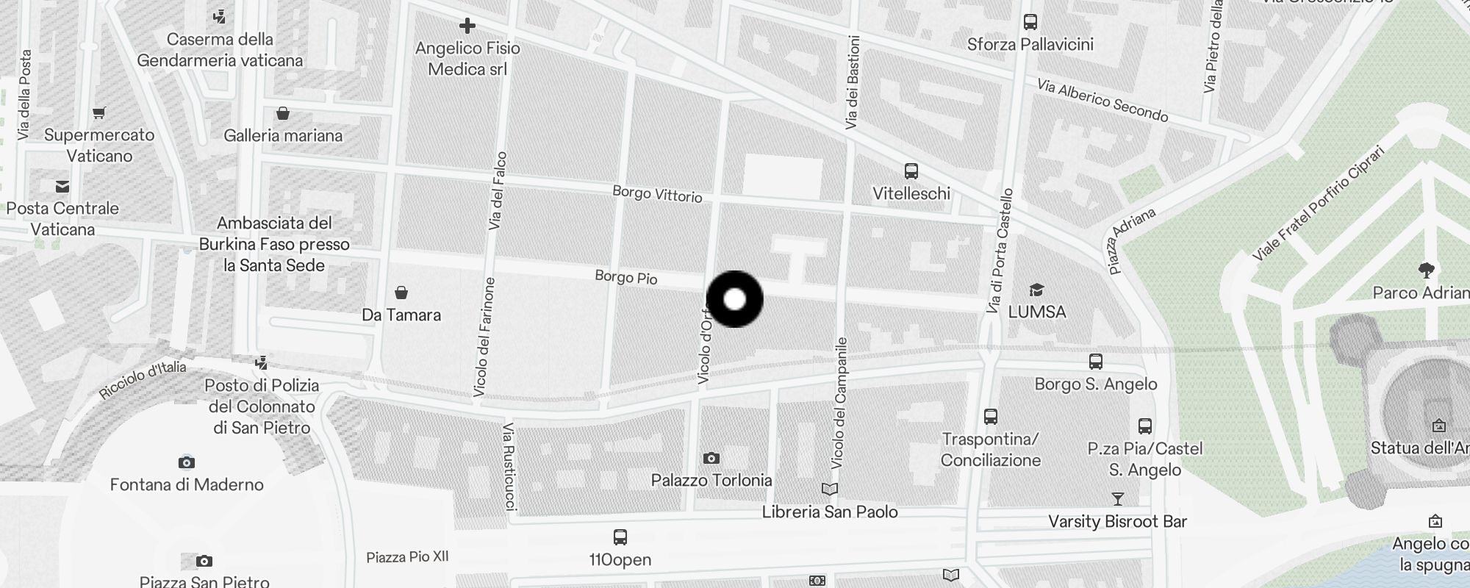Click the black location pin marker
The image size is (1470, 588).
coord(734,299)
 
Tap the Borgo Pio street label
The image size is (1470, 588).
coord(626,277)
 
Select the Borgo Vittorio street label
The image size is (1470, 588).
coord(657,194)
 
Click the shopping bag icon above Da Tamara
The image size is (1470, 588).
coord(401,293)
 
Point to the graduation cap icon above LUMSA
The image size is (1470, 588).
coord(1036,290)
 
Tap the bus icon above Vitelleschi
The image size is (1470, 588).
coord(911,171)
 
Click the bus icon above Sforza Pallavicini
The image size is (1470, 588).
coord(1030,22)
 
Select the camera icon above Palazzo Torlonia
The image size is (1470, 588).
coord(711,458)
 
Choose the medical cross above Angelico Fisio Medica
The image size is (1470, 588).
coord(467,26)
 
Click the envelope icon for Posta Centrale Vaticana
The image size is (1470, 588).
coord(62,187)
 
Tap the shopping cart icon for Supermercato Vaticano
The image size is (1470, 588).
coord(99,113)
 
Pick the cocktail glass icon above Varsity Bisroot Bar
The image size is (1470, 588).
coord(1117,500)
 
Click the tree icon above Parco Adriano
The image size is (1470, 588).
coord(1427,270)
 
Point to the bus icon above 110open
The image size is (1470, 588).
coord(620,537)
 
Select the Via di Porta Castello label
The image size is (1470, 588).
coord(1000,251)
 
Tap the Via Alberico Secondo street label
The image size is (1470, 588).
coord(1102,101)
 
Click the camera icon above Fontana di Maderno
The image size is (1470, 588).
coord(187,462)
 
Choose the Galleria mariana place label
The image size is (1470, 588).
coord(283,135)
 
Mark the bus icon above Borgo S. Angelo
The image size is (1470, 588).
coord(1095,362)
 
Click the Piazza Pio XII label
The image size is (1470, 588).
coord(407,557)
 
